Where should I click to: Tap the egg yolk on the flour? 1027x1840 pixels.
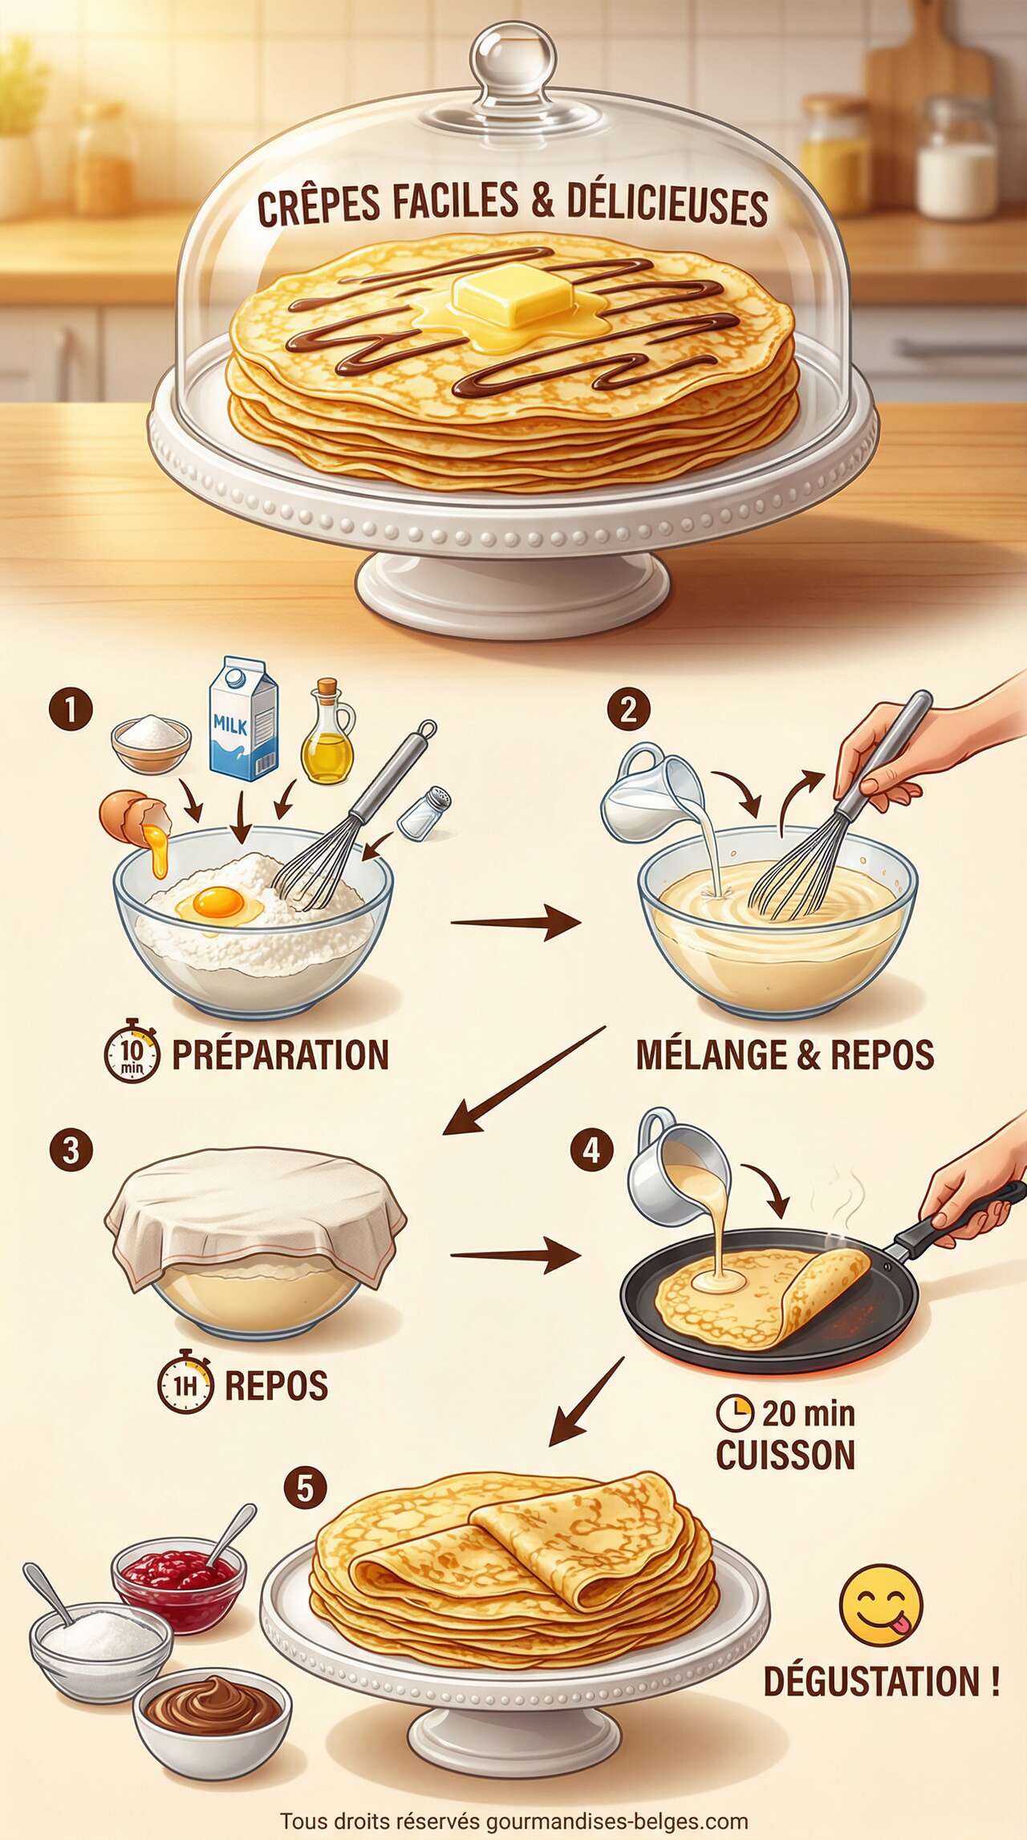coord(218,903)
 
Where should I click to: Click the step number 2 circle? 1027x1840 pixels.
coord(628,709)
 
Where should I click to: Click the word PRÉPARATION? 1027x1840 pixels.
coord(280,1054)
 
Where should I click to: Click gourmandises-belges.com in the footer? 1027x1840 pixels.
coord(616,1822)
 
